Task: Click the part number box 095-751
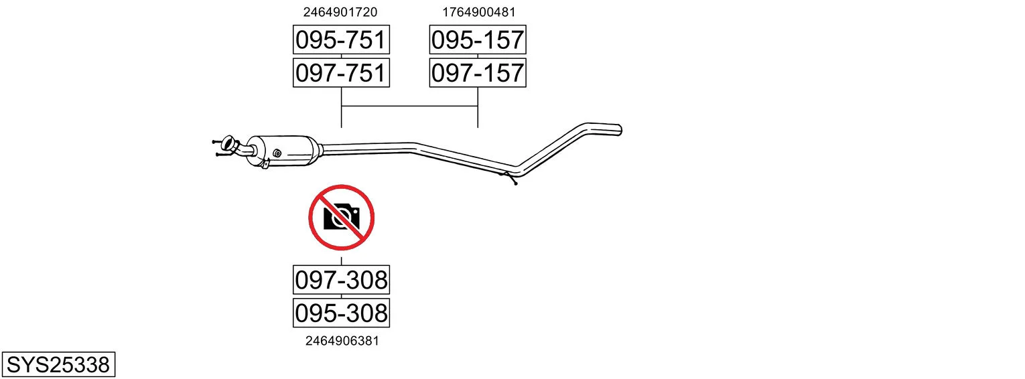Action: (341, 40)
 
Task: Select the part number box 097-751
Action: (341, 73)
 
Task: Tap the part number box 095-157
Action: (478, 40)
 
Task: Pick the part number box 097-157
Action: (478, 73)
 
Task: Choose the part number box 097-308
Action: (341, 280)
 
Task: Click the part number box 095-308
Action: (341, 313)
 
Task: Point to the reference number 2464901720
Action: (340, 12)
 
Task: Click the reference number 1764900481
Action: (478, 12)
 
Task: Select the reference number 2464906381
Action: (342, 341)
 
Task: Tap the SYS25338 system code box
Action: (58, 365)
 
